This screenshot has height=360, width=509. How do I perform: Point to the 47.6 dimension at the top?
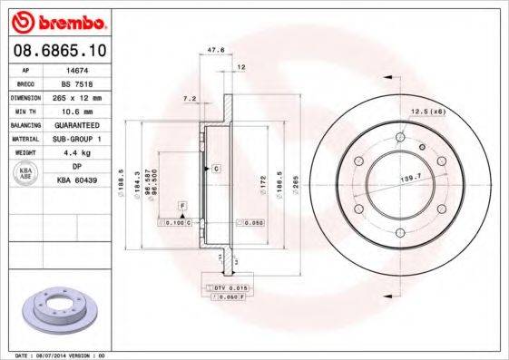[215, 51]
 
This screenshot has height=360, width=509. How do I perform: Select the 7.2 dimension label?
[189, 97]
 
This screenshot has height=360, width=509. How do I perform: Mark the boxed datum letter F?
[182, 208]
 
